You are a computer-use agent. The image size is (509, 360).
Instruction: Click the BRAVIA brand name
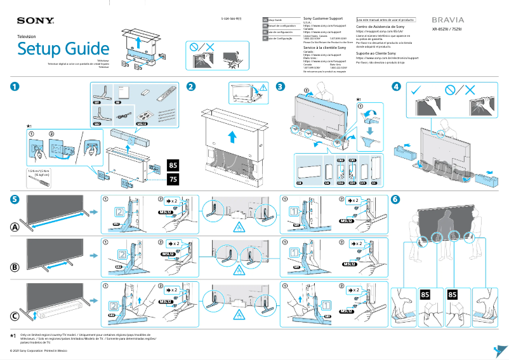(448, 20)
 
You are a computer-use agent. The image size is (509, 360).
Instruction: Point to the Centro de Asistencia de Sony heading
(380, 27)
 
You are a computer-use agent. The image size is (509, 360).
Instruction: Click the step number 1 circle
(15, 86)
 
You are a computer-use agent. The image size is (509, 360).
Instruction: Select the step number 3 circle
(281, 86)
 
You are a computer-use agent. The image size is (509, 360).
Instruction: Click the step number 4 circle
(396, 86)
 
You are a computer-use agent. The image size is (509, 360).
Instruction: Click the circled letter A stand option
(15, 227)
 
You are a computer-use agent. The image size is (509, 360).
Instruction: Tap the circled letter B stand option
(15, 267)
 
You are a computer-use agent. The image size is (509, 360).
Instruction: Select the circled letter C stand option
(15, 316)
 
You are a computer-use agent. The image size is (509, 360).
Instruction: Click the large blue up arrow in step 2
(233, 136)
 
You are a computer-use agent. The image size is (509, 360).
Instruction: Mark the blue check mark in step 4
(416, 90)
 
